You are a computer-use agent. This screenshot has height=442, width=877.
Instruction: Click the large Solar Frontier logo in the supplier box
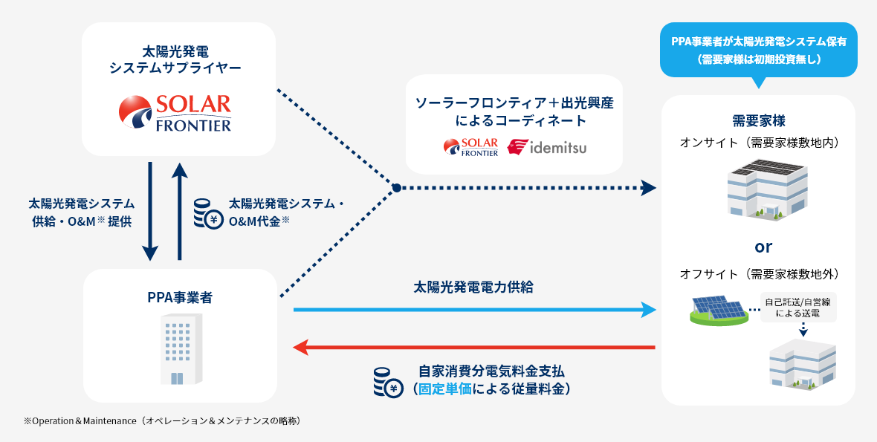tap(175, 113)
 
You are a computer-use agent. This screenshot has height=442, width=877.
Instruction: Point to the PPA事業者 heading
tap(179, 298)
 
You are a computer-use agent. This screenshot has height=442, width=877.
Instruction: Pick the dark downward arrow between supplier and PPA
tap(150, 211)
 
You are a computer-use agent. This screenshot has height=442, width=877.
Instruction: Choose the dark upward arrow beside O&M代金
tap(180, 211)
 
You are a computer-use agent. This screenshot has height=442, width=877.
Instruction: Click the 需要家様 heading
tap(758, 120)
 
